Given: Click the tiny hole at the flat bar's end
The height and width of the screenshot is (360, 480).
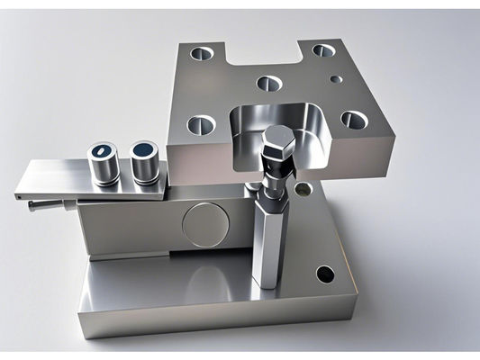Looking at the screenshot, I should tap(18, 193).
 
